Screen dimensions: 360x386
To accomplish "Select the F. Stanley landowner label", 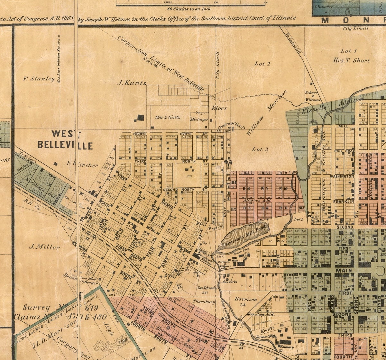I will (x=39, y=78).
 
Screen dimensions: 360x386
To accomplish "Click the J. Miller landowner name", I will (x=44, y=247).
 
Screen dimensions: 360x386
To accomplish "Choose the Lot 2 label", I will (x=262, y=64).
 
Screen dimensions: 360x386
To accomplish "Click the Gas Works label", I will (x=230, y=282).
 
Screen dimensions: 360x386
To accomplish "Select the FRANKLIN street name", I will (x=344, y=202).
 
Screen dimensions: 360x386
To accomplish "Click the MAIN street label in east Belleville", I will (x=343, y=271).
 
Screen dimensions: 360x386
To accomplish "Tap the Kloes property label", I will (x=219, y=108).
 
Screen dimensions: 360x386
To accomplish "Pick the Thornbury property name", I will (x=204, y=301).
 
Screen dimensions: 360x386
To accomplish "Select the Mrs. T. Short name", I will (x=352, y=60).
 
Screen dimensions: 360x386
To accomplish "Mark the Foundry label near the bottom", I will (x=287, y=347).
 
